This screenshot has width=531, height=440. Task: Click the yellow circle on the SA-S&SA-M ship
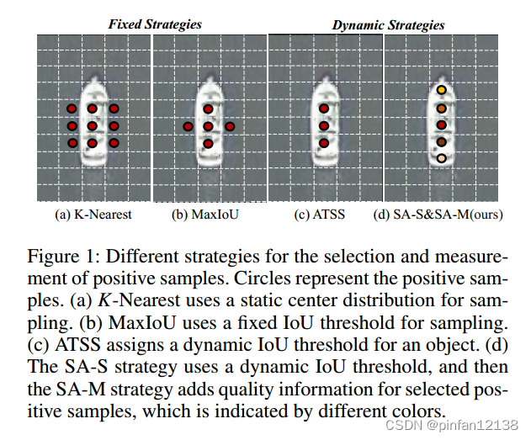(x=441, y=91)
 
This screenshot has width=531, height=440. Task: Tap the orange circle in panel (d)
(x=441, y=109)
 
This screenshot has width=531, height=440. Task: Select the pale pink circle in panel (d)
(x=441, y=158)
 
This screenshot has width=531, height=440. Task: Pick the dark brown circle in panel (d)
(x=441, y=142)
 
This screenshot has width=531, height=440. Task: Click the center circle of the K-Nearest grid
(x=93, y=126)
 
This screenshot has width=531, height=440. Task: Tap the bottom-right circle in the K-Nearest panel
(x=114, y=143)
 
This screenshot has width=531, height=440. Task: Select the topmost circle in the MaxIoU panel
(x=208, y=109)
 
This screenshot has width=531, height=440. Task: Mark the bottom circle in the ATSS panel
(x=324, y=143)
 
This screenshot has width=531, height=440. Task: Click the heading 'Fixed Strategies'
(x=155, y=24)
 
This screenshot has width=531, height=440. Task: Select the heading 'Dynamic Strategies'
(x=388, y=25)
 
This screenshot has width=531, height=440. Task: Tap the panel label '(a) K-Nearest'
(x=93, y=215)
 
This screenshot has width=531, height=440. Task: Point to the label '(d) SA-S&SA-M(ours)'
(x=438, y=215)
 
